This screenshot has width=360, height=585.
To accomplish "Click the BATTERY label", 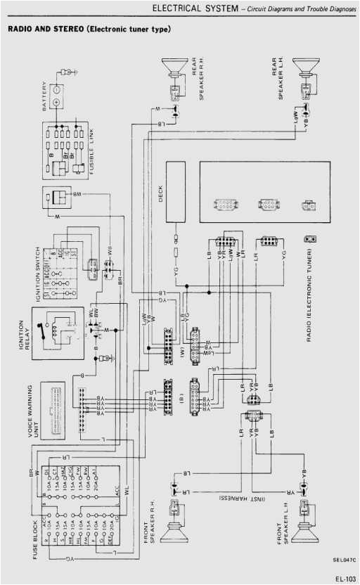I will (x=44, y=98).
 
